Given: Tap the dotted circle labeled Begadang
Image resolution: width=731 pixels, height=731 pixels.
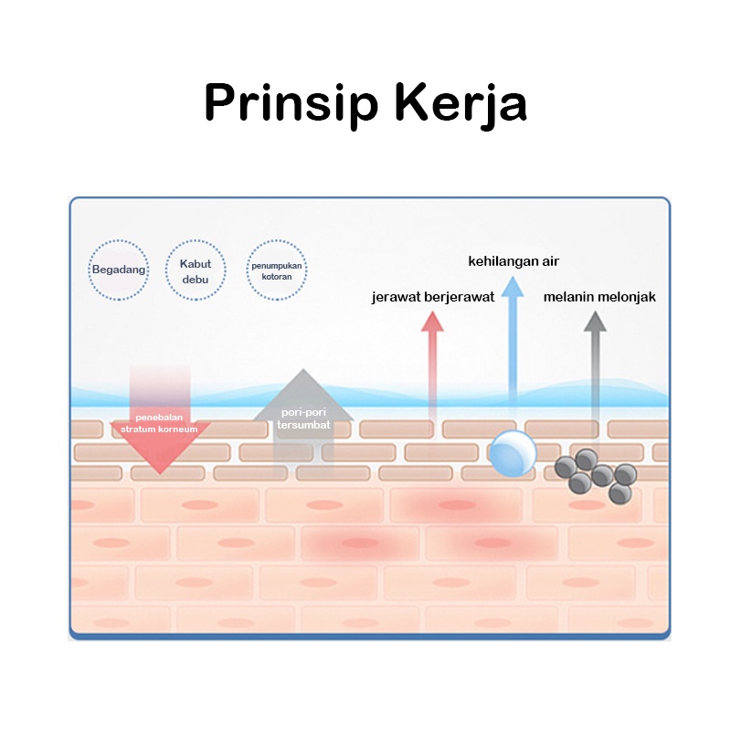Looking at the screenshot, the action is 119,270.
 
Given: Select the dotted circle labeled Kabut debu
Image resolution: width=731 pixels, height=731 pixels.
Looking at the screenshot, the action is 196,270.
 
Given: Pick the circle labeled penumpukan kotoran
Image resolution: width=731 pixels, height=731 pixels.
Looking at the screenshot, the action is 277,270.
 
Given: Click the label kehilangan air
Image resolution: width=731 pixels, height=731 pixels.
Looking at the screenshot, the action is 514,262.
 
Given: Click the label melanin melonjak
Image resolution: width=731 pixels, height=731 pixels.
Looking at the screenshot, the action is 599,297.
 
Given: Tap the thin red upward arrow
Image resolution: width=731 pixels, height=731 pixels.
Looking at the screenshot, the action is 431,365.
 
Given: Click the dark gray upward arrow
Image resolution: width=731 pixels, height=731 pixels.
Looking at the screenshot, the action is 595,365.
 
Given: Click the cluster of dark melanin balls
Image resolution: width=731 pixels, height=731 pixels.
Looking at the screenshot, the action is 596,474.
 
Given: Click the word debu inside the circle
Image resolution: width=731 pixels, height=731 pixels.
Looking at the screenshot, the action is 196,279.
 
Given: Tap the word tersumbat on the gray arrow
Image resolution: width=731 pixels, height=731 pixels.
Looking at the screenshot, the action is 303,426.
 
